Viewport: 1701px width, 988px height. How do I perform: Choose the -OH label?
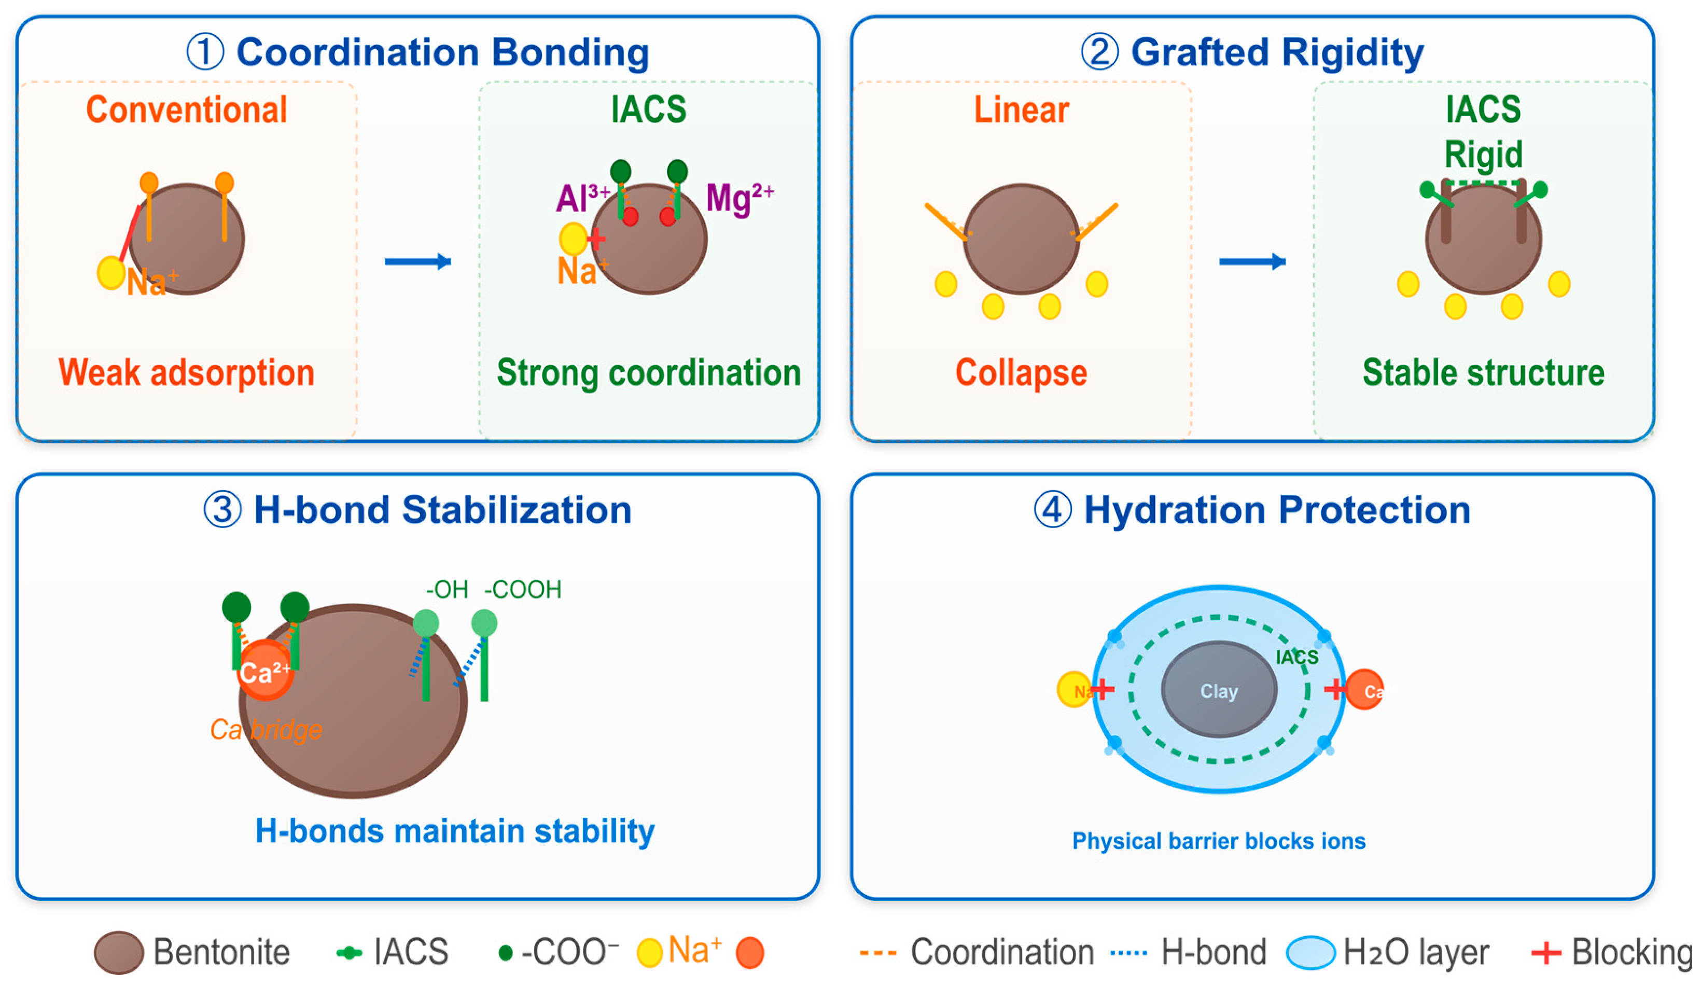[447, 589]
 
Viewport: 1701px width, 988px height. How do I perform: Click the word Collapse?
[1021, 372]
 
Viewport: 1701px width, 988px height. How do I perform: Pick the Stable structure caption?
[1483, 372]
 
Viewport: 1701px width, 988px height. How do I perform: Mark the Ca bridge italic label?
[266, 730]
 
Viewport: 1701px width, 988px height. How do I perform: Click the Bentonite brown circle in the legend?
[119, 952]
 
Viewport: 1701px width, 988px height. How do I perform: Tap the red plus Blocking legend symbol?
[1546, 952]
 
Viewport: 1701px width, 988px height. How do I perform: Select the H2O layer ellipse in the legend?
[1310, 952]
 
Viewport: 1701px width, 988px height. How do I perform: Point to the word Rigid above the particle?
[1483, 155]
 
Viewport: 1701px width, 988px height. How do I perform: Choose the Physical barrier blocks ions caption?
[1218, 841]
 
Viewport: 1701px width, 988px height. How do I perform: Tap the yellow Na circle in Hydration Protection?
[1072, 690]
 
